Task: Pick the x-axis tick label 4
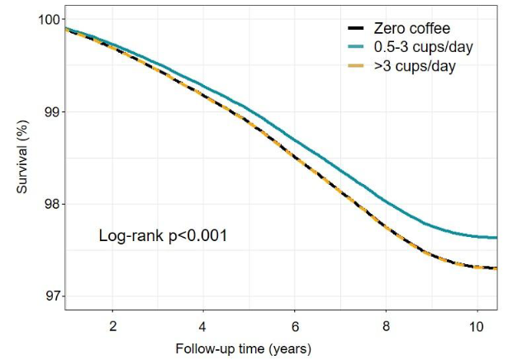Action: click(202, 324)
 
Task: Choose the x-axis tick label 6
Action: click(293, 324)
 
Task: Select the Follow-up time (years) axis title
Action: click(244, 347)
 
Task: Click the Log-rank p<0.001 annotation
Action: click(163, 236)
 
